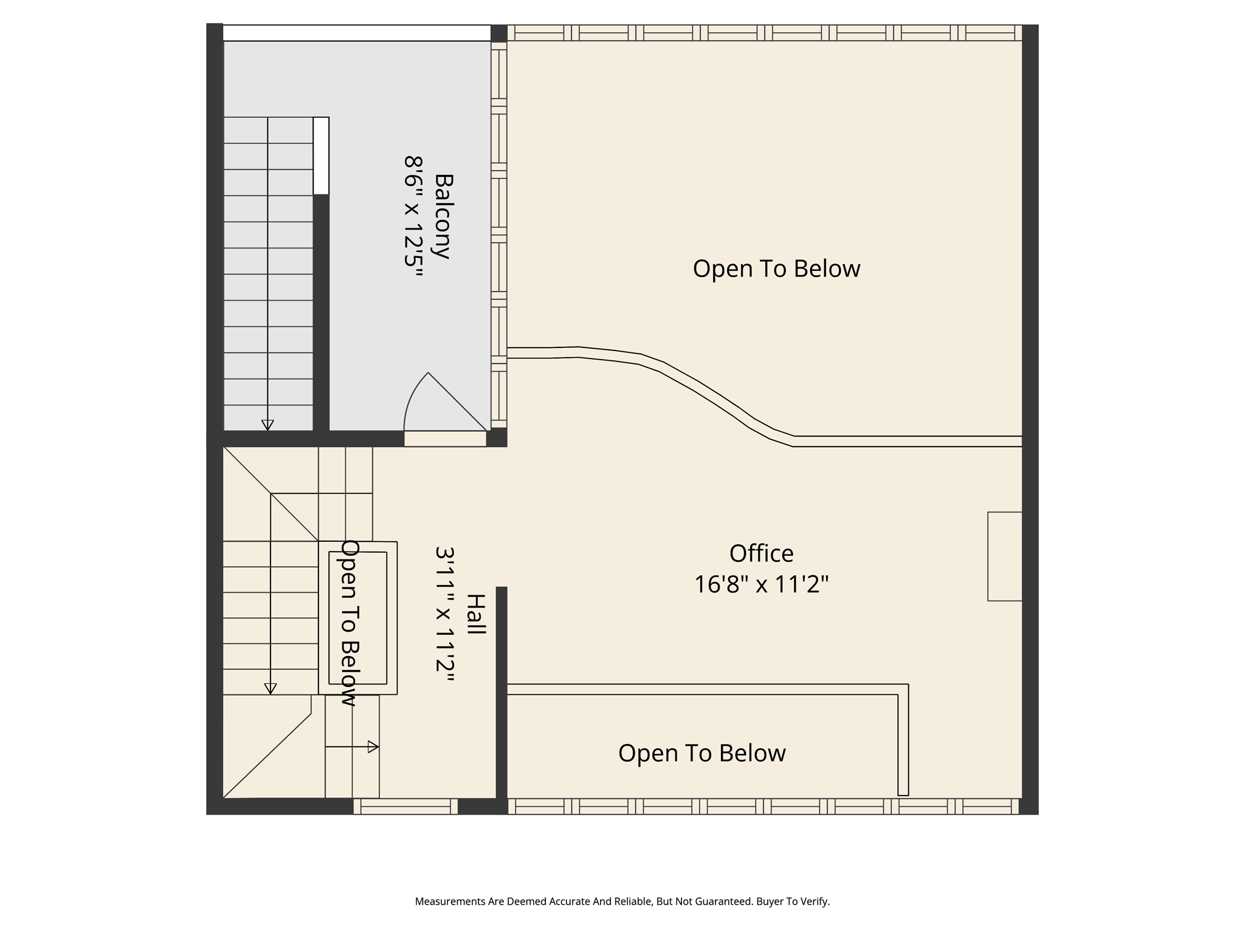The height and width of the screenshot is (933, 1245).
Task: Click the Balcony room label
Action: click(x=444, y=217)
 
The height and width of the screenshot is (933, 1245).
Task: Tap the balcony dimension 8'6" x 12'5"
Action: click(x=413, y=217)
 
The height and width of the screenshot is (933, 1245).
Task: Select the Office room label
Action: click(x=761, y=553)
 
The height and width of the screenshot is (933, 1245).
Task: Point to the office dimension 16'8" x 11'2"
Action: click(x=761, y=584)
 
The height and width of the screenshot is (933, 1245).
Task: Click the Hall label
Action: click(x=476, y=614)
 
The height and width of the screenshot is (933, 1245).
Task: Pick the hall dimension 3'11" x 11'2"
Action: click(x=445, y=614)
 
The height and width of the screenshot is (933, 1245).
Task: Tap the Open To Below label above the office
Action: click(x=776, y=268)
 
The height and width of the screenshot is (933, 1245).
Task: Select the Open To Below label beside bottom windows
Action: click(x=702, y=753)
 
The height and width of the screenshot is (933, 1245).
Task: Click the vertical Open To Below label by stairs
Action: click(x=349, y=623)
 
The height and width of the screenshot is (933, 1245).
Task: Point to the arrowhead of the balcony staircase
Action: click(x=267, y=425)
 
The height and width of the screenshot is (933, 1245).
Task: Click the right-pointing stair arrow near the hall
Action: click(x=373, y=747)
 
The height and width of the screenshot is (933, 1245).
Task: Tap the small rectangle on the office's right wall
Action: click(x=1004, y=556)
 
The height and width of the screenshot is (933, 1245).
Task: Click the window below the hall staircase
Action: click(x=405, y=807)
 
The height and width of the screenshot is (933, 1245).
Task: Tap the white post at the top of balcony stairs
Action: click(x=321, y=155)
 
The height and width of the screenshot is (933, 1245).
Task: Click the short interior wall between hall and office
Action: click(x=502, y=692)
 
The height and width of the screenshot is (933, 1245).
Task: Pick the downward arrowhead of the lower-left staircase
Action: click(x=271, y=688)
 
